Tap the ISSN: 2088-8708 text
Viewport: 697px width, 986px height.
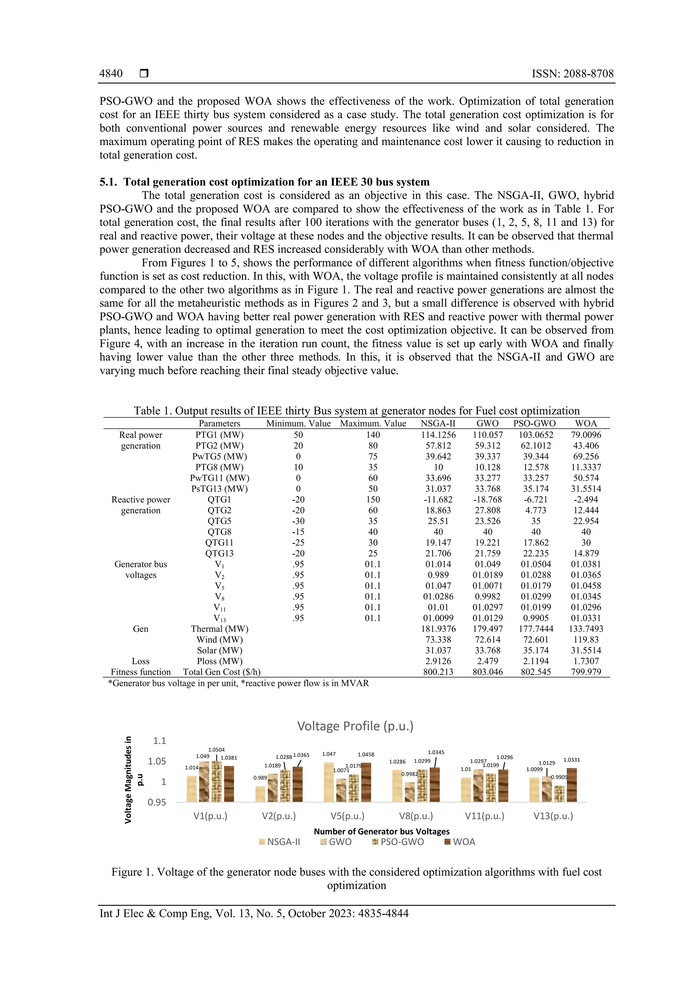point(572,74)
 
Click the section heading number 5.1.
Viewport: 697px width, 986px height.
point(108,182)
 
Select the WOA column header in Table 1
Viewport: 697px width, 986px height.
point(586,424)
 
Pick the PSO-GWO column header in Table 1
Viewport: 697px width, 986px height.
point(534,424)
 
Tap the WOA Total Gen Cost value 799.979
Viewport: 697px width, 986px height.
point(586,672)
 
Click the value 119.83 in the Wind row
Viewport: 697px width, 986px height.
point(586,639)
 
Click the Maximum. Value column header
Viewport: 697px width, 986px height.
point(373,424)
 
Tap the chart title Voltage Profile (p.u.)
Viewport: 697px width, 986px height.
point(355,726)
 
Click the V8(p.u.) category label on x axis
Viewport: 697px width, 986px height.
point(416,816)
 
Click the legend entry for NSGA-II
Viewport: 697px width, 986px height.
point(280,842)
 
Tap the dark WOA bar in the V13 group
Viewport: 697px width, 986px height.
point(572,785)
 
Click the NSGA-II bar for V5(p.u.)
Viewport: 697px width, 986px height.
point(329,782)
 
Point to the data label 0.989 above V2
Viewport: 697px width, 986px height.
point(260,778)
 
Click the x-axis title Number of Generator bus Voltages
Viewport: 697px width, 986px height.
point(382,831)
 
